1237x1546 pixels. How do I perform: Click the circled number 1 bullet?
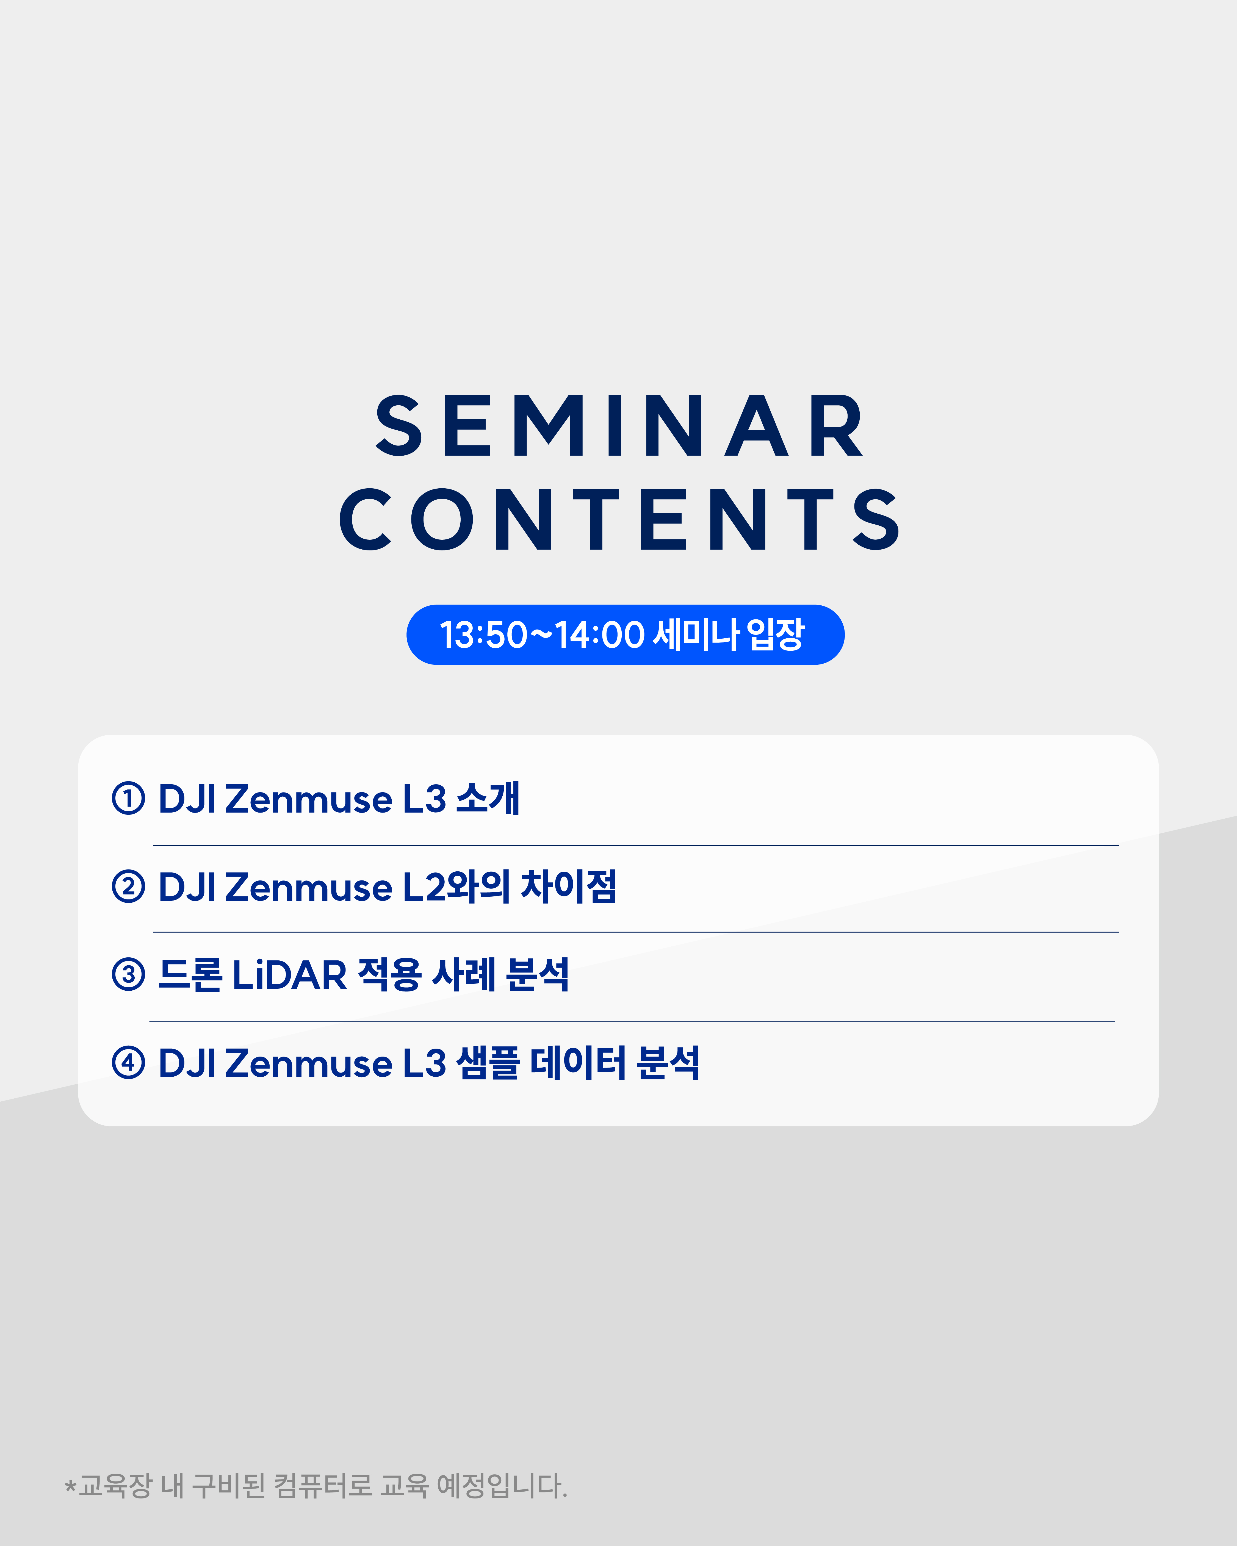pos(128,798)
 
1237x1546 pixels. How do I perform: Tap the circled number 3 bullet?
pos(128,974)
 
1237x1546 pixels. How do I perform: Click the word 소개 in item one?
pos(488,798)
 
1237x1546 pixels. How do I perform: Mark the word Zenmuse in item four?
pos(309,1063)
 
